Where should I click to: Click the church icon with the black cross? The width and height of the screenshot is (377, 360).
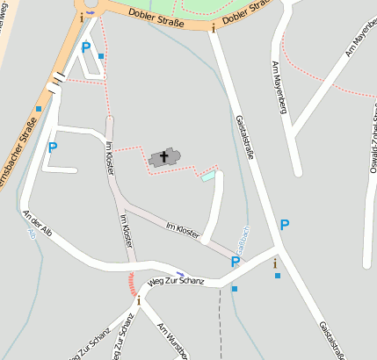[163, 157]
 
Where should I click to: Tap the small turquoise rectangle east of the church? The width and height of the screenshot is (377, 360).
[207, 176]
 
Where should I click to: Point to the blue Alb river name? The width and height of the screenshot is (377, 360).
[32, 234]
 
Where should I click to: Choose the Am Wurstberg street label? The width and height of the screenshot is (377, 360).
[172, 342]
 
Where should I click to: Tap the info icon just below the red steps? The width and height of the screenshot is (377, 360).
[138, 301]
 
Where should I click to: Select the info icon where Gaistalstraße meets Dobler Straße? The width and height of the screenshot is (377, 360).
[213, 28]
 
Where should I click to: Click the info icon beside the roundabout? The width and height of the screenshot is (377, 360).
[83, 17]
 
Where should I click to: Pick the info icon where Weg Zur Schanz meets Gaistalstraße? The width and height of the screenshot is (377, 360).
[275, 263]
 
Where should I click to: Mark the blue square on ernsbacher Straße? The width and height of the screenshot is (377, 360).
[39, 109]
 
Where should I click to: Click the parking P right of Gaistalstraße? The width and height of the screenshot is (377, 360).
[284, 225]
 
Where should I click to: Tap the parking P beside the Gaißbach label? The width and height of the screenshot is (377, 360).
[235, 262]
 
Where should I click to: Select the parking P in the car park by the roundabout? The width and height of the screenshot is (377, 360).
[85, 48]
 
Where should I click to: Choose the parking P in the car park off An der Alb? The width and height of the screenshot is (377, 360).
[53, 148]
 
